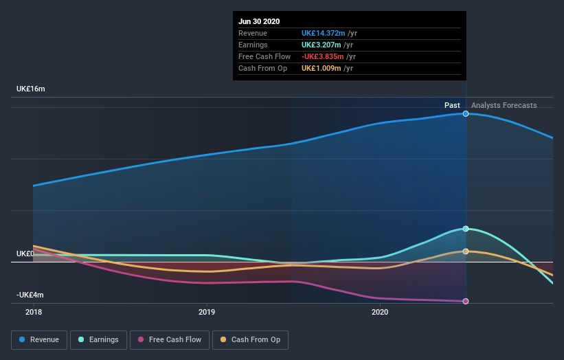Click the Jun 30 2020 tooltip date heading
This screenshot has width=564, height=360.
pyautogui.click(x=259, y=21)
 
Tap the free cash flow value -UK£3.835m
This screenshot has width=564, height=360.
pyautogui.click(x=326, y=56)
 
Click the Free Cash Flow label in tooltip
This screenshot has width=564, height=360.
pyautogui.click(x=264, y=56)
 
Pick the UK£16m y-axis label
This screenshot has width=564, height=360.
pyautogui.click(x=30, y=89)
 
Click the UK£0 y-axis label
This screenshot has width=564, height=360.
pyautogui.click(x=25, y=254)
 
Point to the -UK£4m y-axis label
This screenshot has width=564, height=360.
pyautogui.click(x=30, y=295)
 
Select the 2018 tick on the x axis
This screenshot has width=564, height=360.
pyautogui.click(x=33, y=312)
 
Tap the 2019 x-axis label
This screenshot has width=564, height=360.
pyautogui.click(x=206, y=312)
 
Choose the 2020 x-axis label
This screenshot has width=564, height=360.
pyautogui.click(x=379, y=312)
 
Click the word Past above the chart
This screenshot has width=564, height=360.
pyautogui.click(x=452, y=105)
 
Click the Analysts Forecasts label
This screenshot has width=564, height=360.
pyautogui.click(x=504, y=105)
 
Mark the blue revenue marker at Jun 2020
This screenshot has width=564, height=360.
pyautogui.click(x=466, y=113)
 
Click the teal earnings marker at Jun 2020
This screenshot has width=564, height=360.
pyautogui.click(x=466, y=229)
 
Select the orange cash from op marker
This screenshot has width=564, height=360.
pyautogui.click(x=466, y=251)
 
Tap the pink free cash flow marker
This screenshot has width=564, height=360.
pyautogui.click(x=466, y=302)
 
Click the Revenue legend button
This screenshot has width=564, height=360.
pyautogui.click(x=40, y=339)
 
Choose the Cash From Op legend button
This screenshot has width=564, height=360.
pyautogui.click(x=251, y=339)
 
